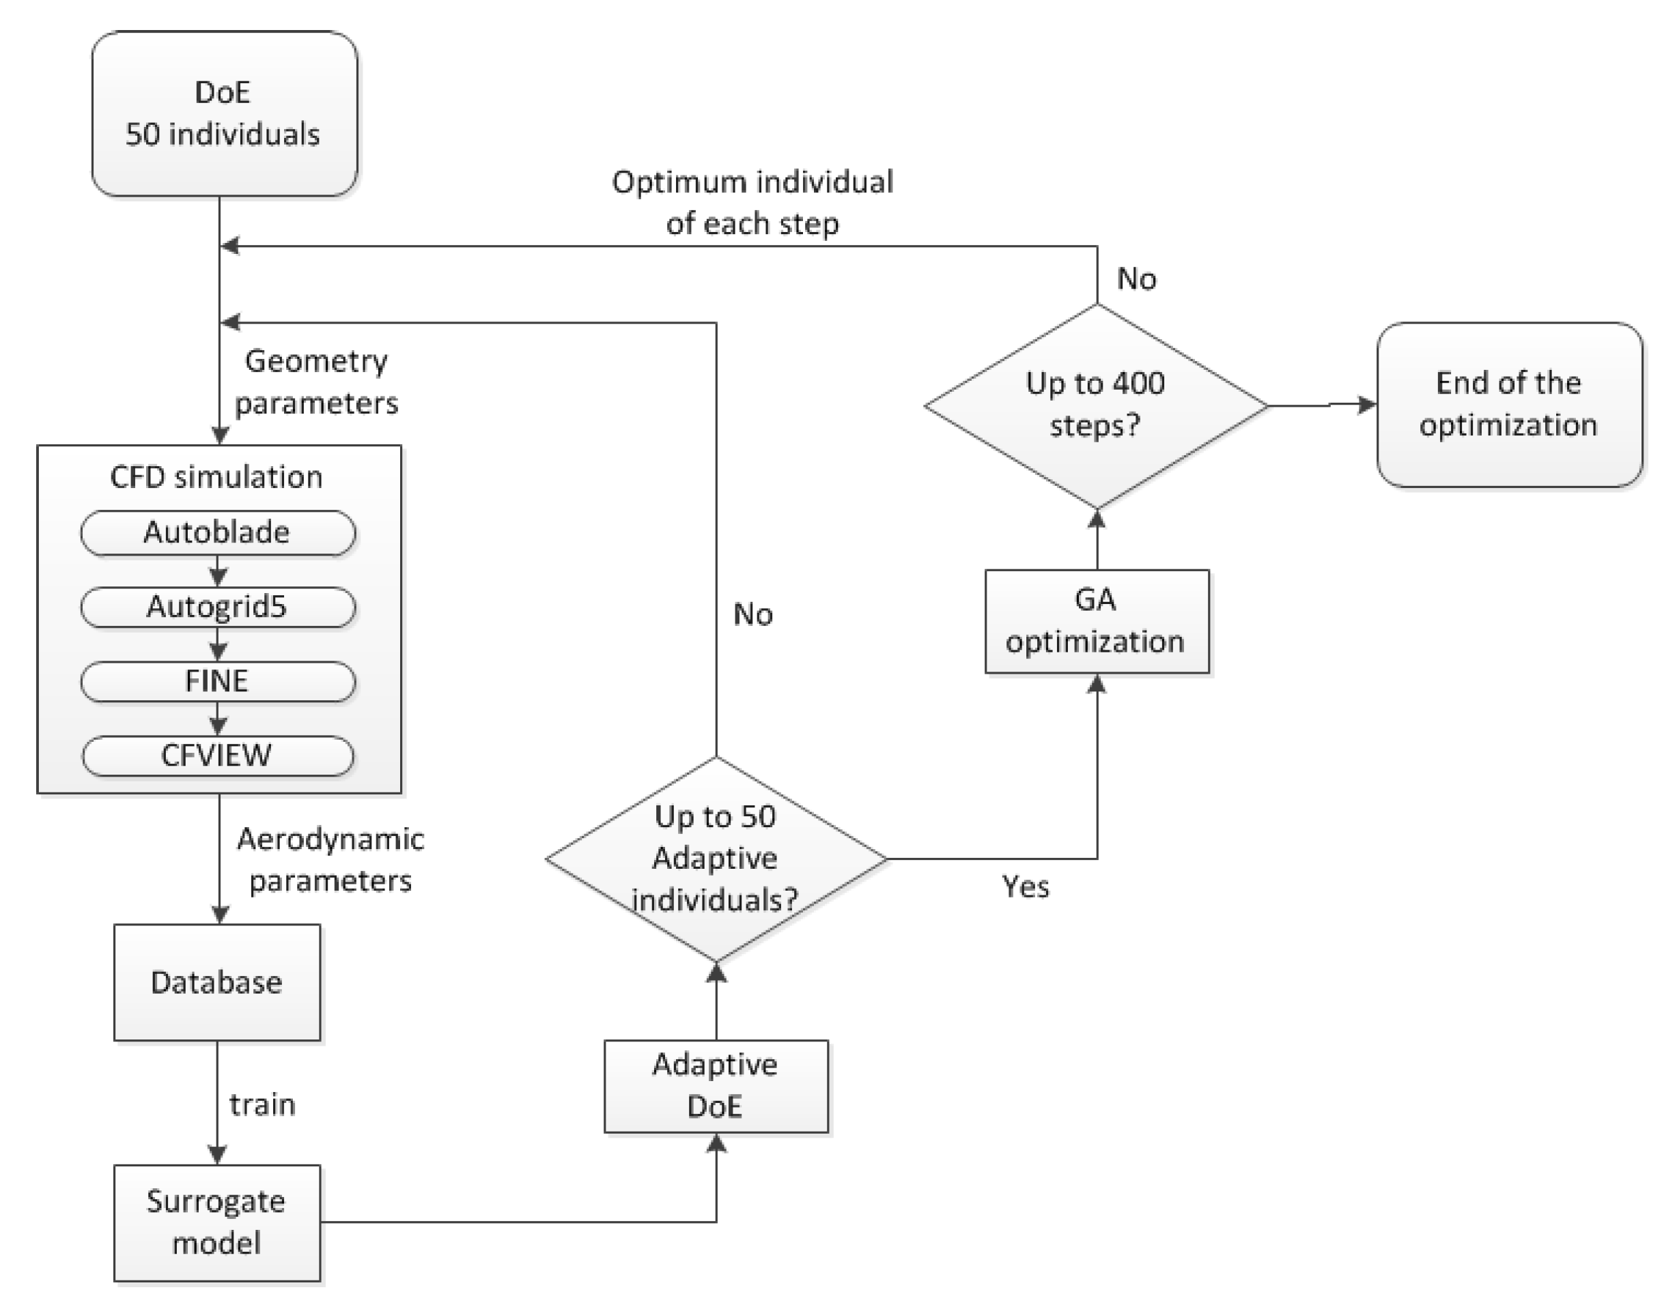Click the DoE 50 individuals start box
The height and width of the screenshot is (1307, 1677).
tap(223, 113)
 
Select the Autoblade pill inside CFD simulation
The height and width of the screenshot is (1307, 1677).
tap(217, 532)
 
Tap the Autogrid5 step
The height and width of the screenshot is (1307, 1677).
tap(217, 607)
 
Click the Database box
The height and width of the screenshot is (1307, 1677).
tap(217, 982)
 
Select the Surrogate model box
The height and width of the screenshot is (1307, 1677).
tap(217, 1222)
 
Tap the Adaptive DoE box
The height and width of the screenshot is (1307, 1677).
tap(716, 1085)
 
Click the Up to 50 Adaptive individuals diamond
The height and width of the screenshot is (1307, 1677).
tap(716, 858)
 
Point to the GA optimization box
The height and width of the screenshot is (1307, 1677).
tap(1097, 621)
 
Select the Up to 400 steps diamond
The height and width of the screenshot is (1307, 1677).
tap(1097, 405)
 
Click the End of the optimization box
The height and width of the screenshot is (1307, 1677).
tap(1509, 405)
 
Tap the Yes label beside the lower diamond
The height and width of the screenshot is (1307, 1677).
tap(1025, 887)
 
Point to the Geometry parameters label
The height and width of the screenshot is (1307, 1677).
tap(316, 382)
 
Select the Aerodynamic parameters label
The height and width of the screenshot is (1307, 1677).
tap(330, 859)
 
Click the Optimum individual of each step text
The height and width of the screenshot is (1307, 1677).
tap(752, 203)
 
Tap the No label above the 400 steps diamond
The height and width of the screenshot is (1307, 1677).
tap(1136, 279)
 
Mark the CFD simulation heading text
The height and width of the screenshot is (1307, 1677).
tap(216, 477)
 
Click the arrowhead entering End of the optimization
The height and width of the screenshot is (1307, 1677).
tap(1367, 405)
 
